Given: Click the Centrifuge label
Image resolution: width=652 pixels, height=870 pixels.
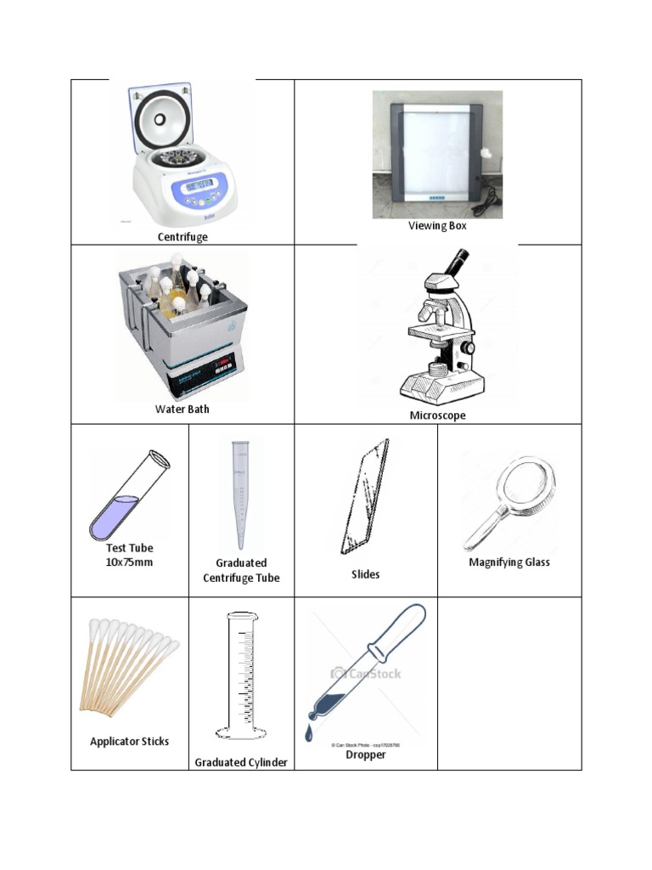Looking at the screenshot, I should pyautogui.click(x=183, y=237).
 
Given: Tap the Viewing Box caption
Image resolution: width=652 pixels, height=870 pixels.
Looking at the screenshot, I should pyautogui.click(x=437, y=226).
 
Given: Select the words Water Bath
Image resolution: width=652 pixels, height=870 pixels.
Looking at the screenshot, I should pyautogui.click(x=182, y=410).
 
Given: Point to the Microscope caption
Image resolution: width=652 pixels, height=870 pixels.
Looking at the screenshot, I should pyautogui.click(x=437, y=415).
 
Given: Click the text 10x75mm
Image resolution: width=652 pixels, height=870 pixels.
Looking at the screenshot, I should pyautogui.click(x=129, y=562).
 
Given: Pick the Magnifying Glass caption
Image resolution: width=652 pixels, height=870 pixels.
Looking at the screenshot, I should pyautogui.click(x=509, y=562).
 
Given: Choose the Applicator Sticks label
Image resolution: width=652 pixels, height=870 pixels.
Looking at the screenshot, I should pyautogui.click(x=129, y=742).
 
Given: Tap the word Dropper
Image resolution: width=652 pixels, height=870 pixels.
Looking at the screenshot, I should pyautogui.click(x=365, y=754).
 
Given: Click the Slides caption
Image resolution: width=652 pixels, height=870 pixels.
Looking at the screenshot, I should pyautogui.click(x=365, y=574).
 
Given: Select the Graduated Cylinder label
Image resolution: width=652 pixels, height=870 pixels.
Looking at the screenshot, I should pyautogui.click(x=241, y=763).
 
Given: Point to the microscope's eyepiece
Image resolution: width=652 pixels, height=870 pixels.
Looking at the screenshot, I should pyautogui.click(x=457, y=258).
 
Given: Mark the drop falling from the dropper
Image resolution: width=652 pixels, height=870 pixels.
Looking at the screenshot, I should pyautogui.click(x=309, y=734).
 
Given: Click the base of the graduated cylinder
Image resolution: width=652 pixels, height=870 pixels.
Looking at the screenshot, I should pyautogui.click(x=241, y=732).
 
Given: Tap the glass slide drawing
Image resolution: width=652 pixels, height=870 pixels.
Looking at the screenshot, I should pyautogui.click(x=365, y=497).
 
